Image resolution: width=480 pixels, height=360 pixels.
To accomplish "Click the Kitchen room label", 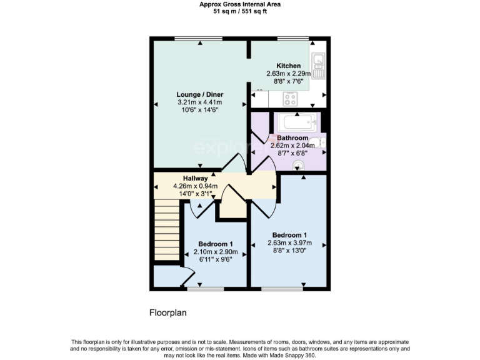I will [288, 66].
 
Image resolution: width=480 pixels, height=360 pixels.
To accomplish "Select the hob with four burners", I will [290, 98].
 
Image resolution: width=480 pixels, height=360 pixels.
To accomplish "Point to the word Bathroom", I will [292, 137].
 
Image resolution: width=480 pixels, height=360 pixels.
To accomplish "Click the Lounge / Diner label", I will [199, 94].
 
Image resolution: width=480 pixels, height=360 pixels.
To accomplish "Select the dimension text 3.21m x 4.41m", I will [199, 102].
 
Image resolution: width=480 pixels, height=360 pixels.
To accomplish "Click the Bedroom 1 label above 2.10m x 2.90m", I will [216, 244].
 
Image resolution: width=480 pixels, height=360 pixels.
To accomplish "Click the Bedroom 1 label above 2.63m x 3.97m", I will [288, 235].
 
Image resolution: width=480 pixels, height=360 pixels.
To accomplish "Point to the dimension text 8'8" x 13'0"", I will [288, 251].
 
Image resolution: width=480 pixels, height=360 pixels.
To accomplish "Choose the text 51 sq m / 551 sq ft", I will [240, 11].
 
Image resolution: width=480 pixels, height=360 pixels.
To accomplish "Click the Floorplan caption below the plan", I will [168, 311].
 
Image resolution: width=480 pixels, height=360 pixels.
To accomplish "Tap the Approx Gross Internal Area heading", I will [240, 4].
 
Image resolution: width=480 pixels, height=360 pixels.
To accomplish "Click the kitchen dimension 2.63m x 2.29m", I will [288, 73].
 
